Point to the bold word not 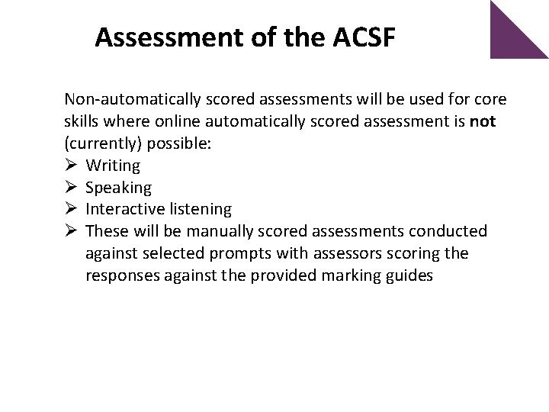pyautogui.click(x=484, y=121)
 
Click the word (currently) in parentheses pyautogui.click(x=100, y=143)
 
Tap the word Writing pyautogui.click(x=113, y=166)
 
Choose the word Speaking pyautogui.click(x=119, y=188)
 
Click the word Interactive pyautogui.click(x=122, y=209)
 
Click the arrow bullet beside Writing pyautogui.click(x=71, y=166)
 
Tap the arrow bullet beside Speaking pyautogui.click(x=71, y=188)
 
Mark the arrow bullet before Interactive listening pyautogui.click(x=71, y=209)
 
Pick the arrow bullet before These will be pyautogui.click(x=71, y=231)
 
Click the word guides pyautogui.click(x=411, y=275)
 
